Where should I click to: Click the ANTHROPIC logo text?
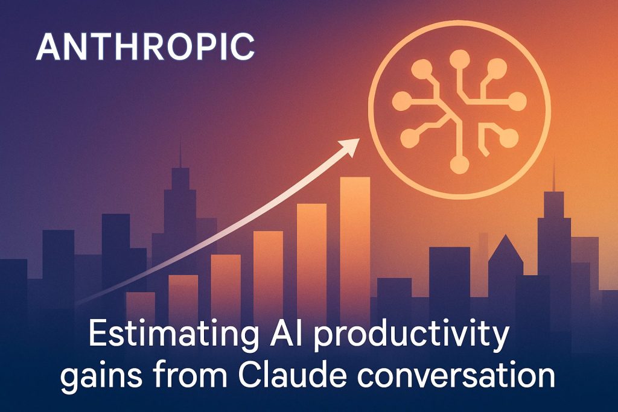(145, 47)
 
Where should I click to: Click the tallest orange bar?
(355, 244)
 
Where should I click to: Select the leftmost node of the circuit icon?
(402, 101)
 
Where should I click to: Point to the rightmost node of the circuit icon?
(517, 101)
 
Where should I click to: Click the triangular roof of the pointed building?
(506, 249)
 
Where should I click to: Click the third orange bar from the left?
(226, 284)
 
